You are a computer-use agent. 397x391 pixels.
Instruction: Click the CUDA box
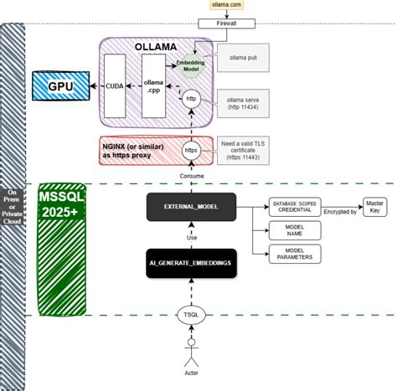point(115,85)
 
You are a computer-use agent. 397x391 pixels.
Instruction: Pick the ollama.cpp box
point(153,85)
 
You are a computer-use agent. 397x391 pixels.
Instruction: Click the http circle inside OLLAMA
point(192,99)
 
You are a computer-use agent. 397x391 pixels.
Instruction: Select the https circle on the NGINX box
point(192,152)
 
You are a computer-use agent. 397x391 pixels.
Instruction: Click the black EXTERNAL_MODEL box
point(192,206)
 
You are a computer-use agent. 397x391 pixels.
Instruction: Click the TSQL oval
point(192,316)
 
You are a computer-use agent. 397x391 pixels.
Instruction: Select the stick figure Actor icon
point(192,350)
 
